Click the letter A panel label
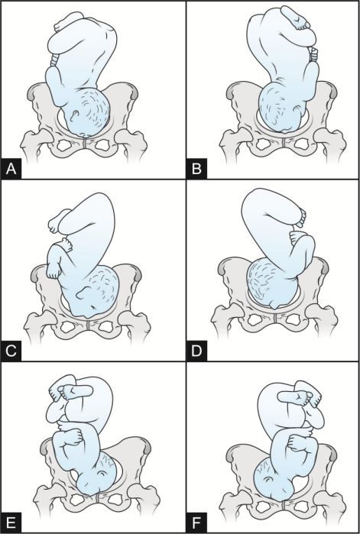[x=11, y=169]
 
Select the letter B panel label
[x=196, y=169]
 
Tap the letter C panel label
[x=11, y=351]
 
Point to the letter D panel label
[x=196, y=351]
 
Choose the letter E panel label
[x=11, y=523]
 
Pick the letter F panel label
[x=196, y=523]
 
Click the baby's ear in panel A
[x=73, y=116]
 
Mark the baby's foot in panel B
[x=296, y=18]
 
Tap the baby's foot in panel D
[x=298, y=218]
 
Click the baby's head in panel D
[x=271, y=283]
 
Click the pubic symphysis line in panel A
[x=84, y=144]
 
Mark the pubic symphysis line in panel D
[x=275, y=319]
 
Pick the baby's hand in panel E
[x=73, y=438]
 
